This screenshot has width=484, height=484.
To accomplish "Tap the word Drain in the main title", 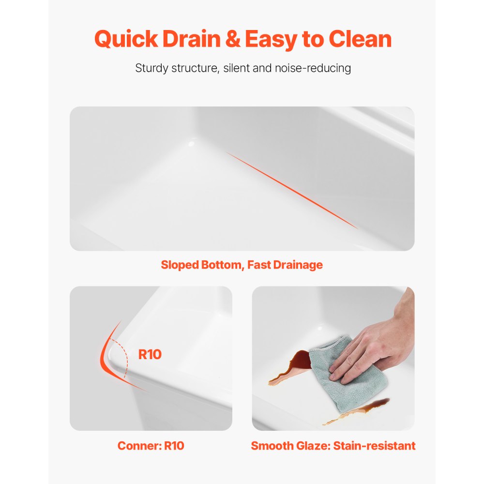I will point(192,39).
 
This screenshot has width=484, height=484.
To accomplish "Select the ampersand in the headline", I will point(234,39).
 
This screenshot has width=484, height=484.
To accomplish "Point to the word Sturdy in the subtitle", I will point(151,68).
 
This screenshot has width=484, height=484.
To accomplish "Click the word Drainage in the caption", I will point(298,265).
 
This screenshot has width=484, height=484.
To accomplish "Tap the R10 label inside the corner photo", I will point(150,355).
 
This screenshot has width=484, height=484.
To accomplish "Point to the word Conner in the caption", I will point(138,446).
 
